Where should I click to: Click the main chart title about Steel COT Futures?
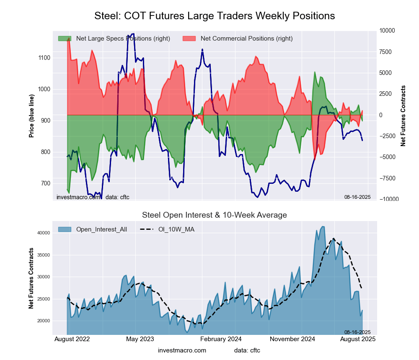tap(215, 16)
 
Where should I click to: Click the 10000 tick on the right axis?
tap(387, 31)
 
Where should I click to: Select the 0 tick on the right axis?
tap(381, 115)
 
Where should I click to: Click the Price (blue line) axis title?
tap(31, 115)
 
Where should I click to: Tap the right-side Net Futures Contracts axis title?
tap(403, 116)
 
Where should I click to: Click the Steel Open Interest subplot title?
tap(215, 215)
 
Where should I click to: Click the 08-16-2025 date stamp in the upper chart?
tap(357, 197)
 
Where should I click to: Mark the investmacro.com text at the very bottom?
tap(182, 350)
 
